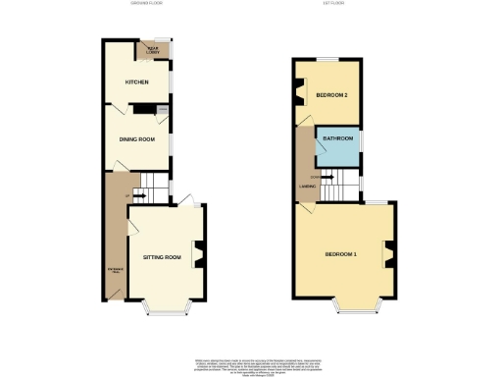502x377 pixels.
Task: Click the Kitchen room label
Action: click(x=136, y=82)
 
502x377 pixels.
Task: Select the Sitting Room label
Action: click(x=163, y=257)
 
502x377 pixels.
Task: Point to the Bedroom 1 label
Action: click(x=341, y=255)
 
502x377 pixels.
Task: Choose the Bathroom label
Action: click(x=338, y=139)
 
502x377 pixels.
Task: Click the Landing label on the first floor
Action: click(x=305, y=185)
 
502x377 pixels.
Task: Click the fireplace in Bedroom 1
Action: click(x=390, y=255)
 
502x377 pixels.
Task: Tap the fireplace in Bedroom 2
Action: click(x=298, y=96)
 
